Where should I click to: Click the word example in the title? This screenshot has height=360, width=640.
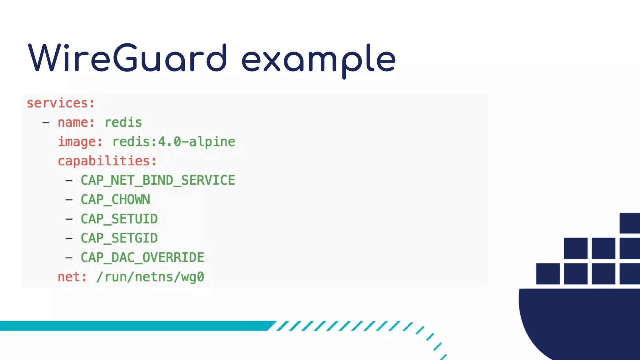(319, 59)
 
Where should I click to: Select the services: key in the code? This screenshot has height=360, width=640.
(61, 103)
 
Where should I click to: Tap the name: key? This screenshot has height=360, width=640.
(76, 122)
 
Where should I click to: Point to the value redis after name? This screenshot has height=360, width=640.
(123, 122)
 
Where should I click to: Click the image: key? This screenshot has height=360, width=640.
(80, 142)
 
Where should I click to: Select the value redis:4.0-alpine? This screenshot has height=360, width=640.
(174, 142)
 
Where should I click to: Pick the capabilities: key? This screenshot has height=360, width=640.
(107, 161)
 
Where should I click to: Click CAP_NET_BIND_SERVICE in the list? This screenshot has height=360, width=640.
(158, 180)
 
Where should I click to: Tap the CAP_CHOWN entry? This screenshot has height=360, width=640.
(115, 200)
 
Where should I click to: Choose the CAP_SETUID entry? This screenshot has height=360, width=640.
(119, 219)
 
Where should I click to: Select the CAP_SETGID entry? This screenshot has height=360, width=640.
(119, 238)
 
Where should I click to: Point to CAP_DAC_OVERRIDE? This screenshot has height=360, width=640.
(142, 258)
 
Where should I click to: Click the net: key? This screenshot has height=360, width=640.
(72, 277)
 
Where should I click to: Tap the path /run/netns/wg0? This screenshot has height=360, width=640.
(150, 277)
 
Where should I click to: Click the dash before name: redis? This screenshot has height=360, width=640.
(46, 122)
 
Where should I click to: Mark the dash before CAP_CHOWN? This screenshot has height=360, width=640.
(69, 200)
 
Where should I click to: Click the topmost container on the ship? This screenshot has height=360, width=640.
(629, 223)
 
